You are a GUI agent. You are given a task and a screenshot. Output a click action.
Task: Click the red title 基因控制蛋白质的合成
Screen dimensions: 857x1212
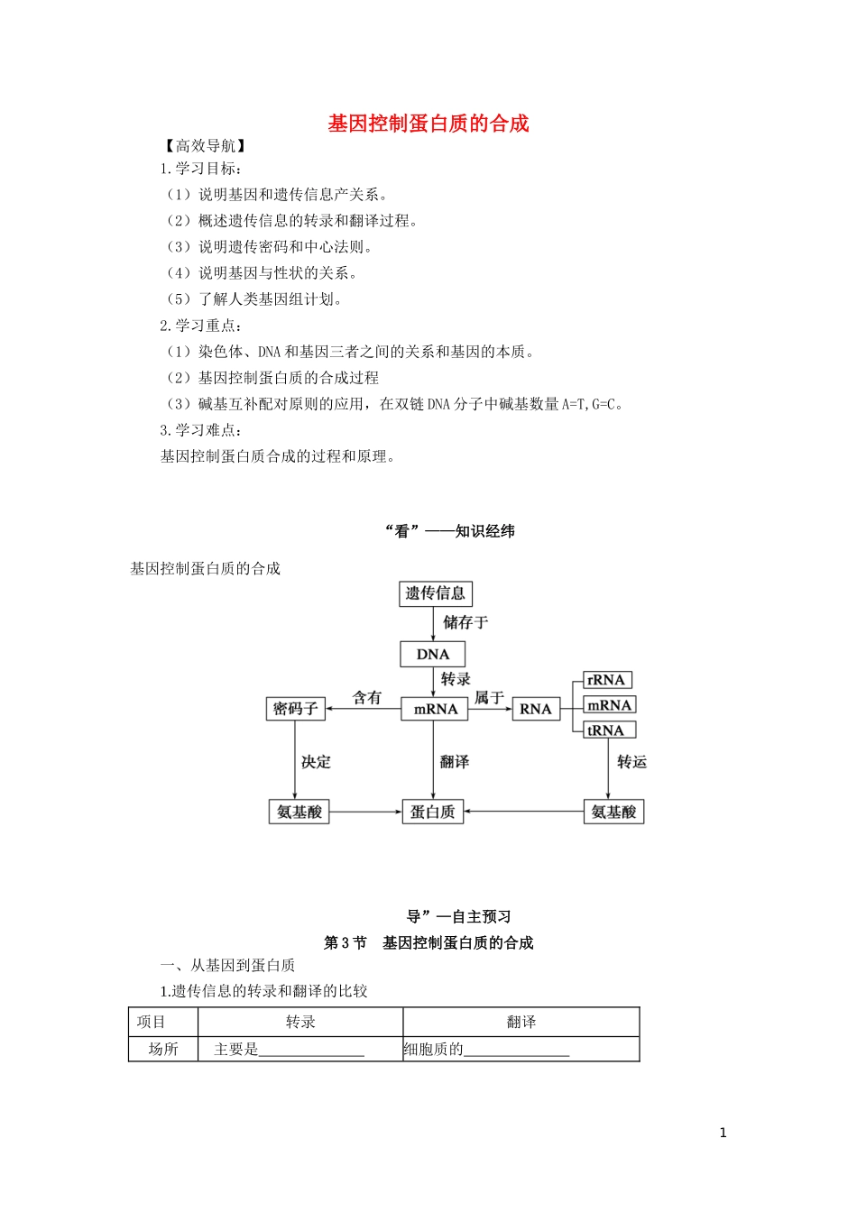[x=428, y=124]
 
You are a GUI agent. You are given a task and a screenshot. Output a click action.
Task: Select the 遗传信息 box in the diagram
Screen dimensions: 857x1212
[x=436, y=593]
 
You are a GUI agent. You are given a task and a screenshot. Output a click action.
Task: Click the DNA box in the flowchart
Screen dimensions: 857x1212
[x=432, y=655]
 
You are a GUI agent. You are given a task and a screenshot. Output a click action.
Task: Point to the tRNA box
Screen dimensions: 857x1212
[x=605, y=730]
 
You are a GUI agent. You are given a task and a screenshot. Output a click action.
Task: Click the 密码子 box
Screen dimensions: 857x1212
[x=296, y=709]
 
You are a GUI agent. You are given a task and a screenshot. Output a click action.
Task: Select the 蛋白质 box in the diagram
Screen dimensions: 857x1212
[x=432, y=812]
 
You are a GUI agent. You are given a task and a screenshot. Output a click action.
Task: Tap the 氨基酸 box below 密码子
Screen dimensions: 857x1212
[x=299, y=812]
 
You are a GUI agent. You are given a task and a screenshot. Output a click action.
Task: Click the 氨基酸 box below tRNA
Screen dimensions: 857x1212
[x=613, y=812]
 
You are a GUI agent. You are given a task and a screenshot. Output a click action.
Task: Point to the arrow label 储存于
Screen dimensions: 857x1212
[x=465, y=622]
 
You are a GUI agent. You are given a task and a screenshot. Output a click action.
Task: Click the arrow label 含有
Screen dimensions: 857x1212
[x=367, y=697]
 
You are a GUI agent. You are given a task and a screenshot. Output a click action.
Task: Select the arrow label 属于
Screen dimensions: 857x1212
[x=489, y=697]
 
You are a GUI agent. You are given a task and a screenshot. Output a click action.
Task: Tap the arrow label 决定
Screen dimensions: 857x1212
[x=316, y=762]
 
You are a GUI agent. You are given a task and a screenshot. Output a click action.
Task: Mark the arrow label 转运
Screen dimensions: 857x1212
[x=631, y=762]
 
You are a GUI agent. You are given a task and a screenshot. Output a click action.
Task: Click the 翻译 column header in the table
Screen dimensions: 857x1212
[x=521, y=1022]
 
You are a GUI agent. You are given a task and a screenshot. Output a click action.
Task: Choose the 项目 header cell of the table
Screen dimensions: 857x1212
[x=152, y=1022]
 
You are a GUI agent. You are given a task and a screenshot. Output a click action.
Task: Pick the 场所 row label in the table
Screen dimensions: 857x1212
[x=163, y=1049]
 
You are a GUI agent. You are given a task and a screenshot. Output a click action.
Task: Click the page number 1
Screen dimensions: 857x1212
[x=723, y=1133]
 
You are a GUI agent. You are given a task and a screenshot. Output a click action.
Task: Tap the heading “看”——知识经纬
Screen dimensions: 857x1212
[x=449, y=531]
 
